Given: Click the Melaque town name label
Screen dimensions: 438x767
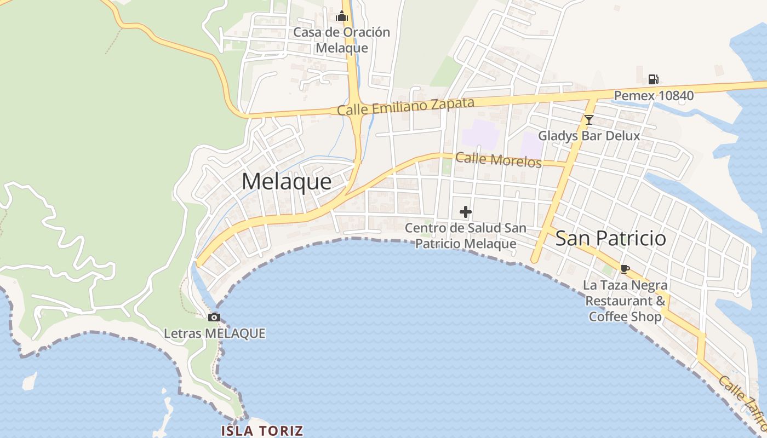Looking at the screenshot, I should coord(287,182).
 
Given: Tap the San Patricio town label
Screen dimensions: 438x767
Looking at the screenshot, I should coord(611,238).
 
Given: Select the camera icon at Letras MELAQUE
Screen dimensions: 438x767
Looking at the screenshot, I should coord(214,317).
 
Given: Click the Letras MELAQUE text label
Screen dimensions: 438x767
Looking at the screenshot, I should coord(215,333).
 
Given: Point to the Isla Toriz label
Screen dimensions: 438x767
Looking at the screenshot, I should coord(262,430).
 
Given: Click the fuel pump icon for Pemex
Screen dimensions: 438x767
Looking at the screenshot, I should coord(653,79).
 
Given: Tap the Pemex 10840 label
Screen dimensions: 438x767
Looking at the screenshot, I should coord(654,96).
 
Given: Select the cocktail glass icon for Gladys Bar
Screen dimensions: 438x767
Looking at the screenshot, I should coord(589,119).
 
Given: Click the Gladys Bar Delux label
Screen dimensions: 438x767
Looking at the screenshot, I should coord(589,135).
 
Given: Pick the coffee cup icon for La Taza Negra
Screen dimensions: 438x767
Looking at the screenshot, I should coord(625,268).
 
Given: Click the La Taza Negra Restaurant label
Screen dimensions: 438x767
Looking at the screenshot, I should coord(625,293).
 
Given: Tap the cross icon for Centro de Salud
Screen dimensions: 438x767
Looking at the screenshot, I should coord(466,212).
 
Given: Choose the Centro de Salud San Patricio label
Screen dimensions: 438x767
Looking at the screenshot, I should coord(466,235).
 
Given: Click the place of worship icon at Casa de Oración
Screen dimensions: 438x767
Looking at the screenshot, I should coord(342,16).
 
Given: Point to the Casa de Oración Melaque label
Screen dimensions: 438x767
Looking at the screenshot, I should coord(342,39).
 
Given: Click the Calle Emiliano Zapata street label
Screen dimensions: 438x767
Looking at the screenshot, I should coord(405,106).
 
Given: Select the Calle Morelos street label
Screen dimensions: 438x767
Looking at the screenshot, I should coord(499,160).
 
